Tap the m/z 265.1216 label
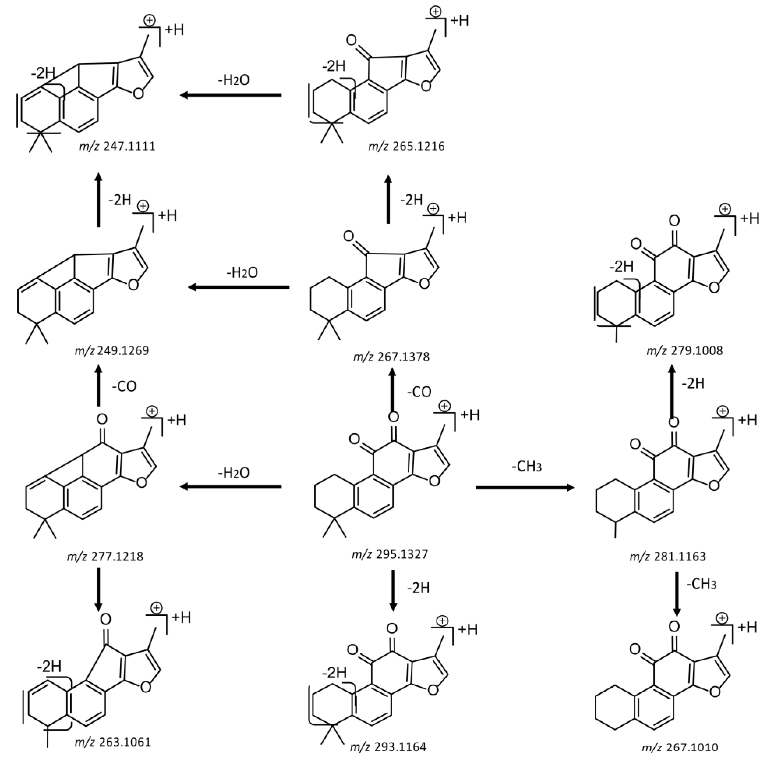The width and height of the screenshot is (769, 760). click(406, 146)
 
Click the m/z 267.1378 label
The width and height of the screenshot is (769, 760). click(391, 357)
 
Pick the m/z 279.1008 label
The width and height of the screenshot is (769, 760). click(684, 351)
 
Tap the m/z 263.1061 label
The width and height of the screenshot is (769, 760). click(113, 742)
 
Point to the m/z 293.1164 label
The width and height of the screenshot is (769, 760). click(388, 747)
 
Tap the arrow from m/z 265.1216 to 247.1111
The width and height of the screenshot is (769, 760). click(231, 95)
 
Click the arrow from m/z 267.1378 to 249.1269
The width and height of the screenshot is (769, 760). click(239, 287)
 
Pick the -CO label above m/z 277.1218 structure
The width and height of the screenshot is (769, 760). click(124, 386)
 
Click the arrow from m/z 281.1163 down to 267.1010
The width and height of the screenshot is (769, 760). click(677, 594)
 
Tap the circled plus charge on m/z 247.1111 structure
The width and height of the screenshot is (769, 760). click(149, 21)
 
